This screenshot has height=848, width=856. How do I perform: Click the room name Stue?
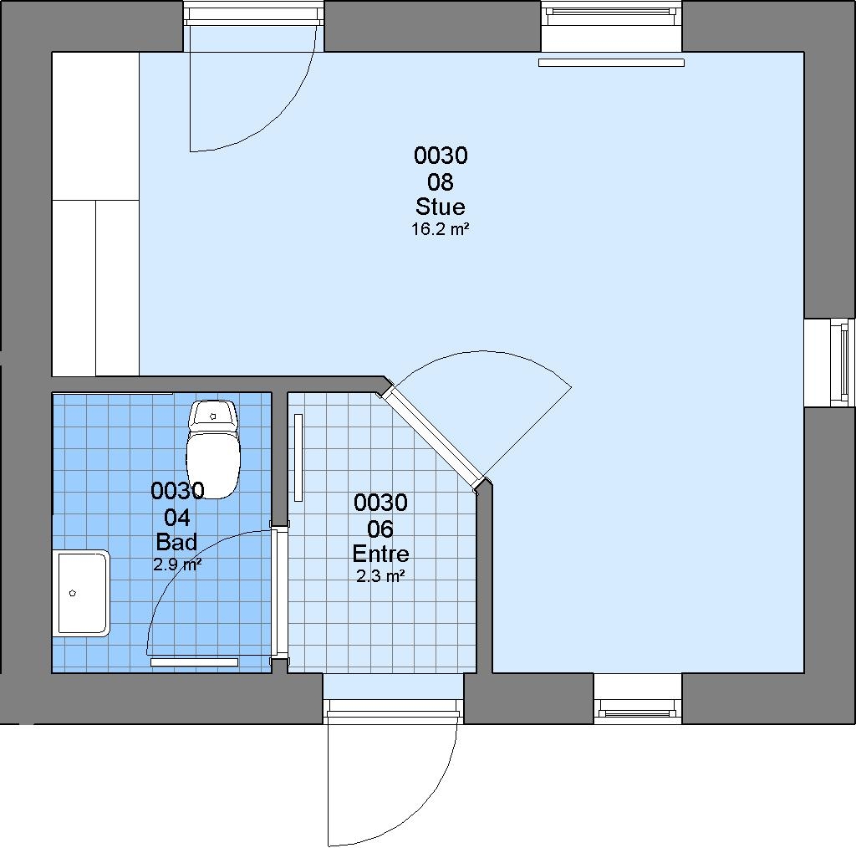440,207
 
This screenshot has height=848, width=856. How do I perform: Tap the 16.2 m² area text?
440,229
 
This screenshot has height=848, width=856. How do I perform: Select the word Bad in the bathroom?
176,542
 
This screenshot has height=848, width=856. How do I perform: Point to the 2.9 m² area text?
177,564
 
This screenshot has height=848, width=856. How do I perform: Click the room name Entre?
380,554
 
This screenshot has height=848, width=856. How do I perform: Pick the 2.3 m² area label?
380,576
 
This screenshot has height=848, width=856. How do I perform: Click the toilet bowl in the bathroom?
213,464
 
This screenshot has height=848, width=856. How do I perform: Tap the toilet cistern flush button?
213,416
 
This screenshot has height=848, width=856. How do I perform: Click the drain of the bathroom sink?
73,593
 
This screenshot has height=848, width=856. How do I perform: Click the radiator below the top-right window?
611,63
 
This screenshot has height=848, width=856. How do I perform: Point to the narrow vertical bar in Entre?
298,457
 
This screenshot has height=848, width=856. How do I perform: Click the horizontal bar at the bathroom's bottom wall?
194,662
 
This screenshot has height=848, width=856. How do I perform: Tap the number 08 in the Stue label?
440,181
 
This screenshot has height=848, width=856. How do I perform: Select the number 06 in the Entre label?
380,529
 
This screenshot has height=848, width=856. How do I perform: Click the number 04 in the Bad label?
177,517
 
